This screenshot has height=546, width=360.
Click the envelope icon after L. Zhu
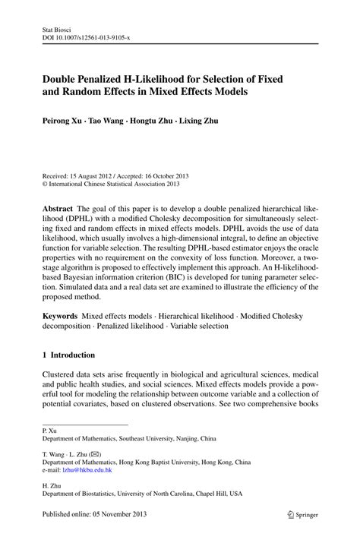pyautogui.click(x=96, y=455)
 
